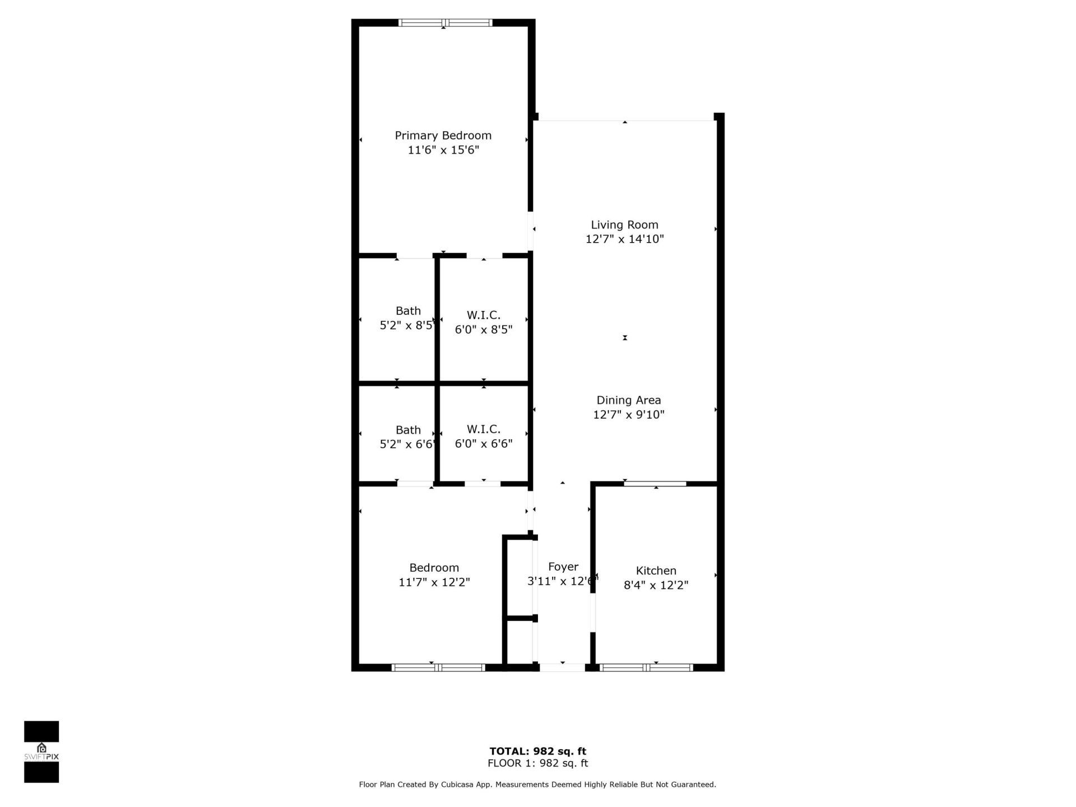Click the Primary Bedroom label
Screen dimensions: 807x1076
click(443, 135)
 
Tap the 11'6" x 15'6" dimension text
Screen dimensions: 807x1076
click(443, 150)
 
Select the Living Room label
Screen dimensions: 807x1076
click(624, 225)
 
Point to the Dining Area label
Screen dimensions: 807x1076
click(628, 400)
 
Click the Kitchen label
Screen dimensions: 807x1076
click(656, 571)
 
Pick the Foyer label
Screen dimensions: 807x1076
click(563, 567)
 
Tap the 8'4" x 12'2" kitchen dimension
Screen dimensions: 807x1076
click(656, 585)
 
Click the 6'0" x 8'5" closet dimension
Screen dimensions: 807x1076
click(483, 330)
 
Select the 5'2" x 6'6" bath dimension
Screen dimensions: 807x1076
click(407, 444)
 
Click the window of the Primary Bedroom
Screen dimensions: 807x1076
click(445, 23)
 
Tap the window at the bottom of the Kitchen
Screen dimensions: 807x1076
click(646, 667)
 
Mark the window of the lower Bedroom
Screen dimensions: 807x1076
click(438, 667)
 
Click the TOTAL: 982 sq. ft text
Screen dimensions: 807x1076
click(537, 751)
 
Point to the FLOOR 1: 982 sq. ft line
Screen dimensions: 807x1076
click(537, 763)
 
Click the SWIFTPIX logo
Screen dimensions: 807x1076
click(41, 752)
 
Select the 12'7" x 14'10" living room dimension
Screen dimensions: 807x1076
click(624, 239)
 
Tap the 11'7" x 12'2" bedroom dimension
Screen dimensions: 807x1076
click(434, 582)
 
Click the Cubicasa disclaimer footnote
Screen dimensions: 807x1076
click(537, 785)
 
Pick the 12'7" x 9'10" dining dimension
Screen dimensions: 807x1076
click(628, 415)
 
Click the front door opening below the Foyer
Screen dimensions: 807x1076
click(562, 667)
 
